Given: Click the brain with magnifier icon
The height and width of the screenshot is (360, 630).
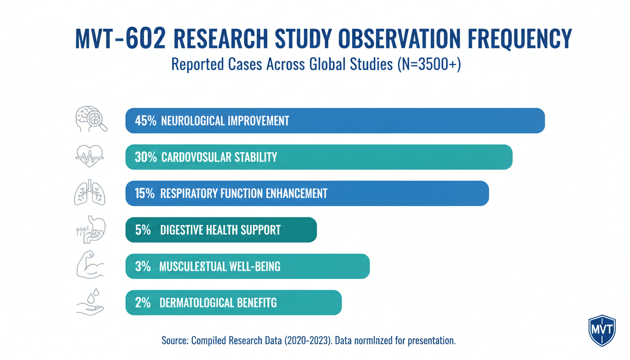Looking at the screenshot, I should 91,120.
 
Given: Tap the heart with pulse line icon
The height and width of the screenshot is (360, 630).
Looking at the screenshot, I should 90,156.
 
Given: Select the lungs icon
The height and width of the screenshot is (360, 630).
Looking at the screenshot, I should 90,193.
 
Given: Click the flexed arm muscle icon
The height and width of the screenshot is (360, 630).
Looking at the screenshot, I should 90,266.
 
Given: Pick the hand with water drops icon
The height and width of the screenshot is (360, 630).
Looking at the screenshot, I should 90,302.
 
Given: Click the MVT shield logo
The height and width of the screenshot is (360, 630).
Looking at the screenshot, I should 601,330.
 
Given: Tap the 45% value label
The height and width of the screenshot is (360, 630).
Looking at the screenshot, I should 145,120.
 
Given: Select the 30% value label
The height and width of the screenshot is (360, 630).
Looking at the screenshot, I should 145,157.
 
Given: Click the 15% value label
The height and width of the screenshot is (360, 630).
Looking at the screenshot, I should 144,193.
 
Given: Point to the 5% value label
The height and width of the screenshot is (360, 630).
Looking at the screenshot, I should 142,230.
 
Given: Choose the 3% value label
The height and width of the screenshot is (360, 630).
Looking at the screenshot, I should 142,266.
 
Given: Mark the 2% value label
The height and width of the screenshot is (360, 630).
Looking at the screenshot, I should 142,303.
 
